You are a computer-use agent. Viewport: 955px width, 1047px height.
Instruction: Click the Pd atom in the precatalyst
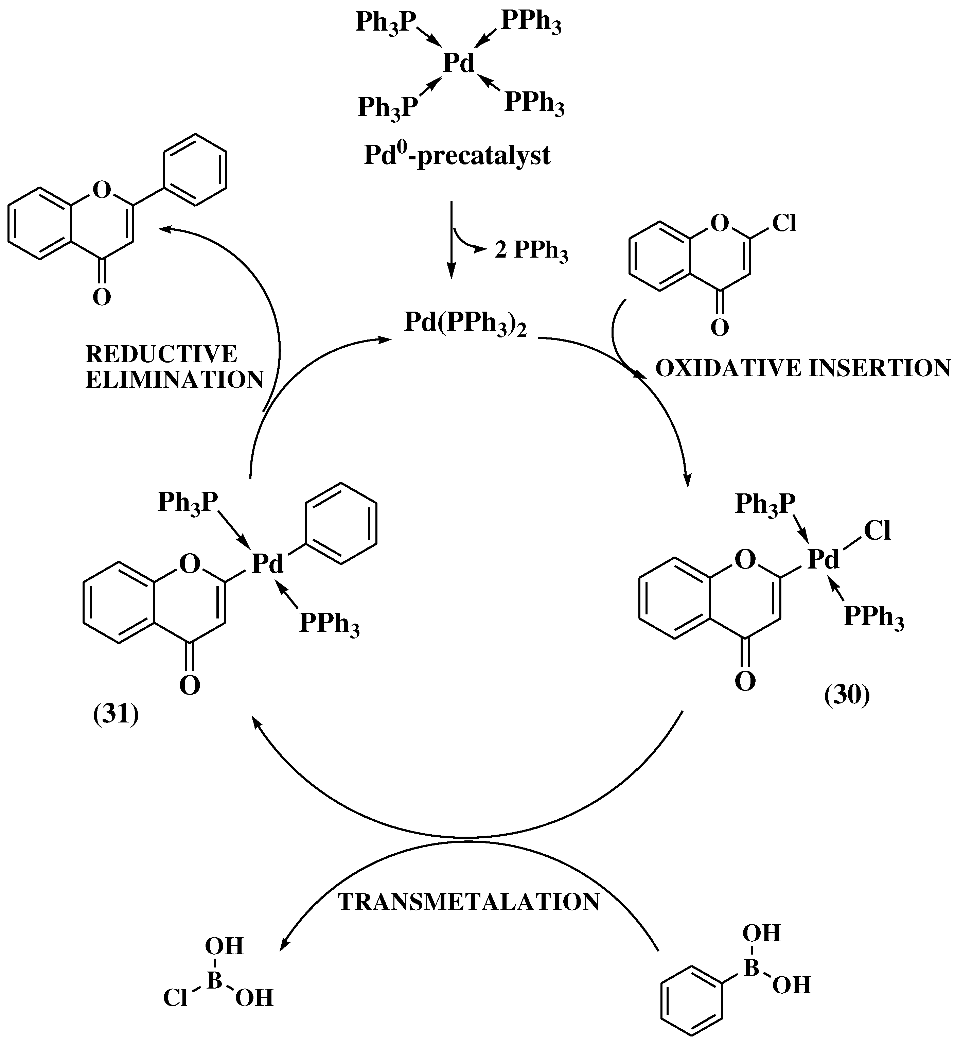point(459,63)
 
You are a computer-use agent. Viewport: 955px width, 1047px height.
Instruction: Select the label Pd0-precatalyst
point(457,155)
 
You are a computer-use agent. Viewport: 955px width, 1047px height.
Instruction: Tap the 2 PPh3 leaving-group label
point(531,251)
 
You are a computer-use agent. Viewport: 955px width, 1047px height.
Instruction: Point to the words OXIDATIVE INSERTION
point(802,368)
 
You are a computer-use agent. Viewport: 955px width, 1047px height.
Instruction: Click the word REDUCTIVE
point(161,354)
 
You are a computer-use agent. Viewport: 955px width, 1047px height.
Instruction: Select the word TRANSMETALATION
point(468,903)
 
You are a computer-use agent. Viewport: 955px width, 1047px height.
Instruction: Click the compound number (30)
point(847,695)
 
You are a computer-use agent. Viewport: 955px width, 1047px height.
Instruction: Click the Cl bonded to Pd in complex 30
point(878,531)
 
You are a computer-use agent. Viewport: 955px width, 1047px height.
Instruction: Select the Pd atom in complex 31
point(268,563)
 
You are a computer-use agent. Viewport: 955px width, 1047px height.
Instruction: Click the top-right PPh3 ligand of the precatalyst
point(531,23)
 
